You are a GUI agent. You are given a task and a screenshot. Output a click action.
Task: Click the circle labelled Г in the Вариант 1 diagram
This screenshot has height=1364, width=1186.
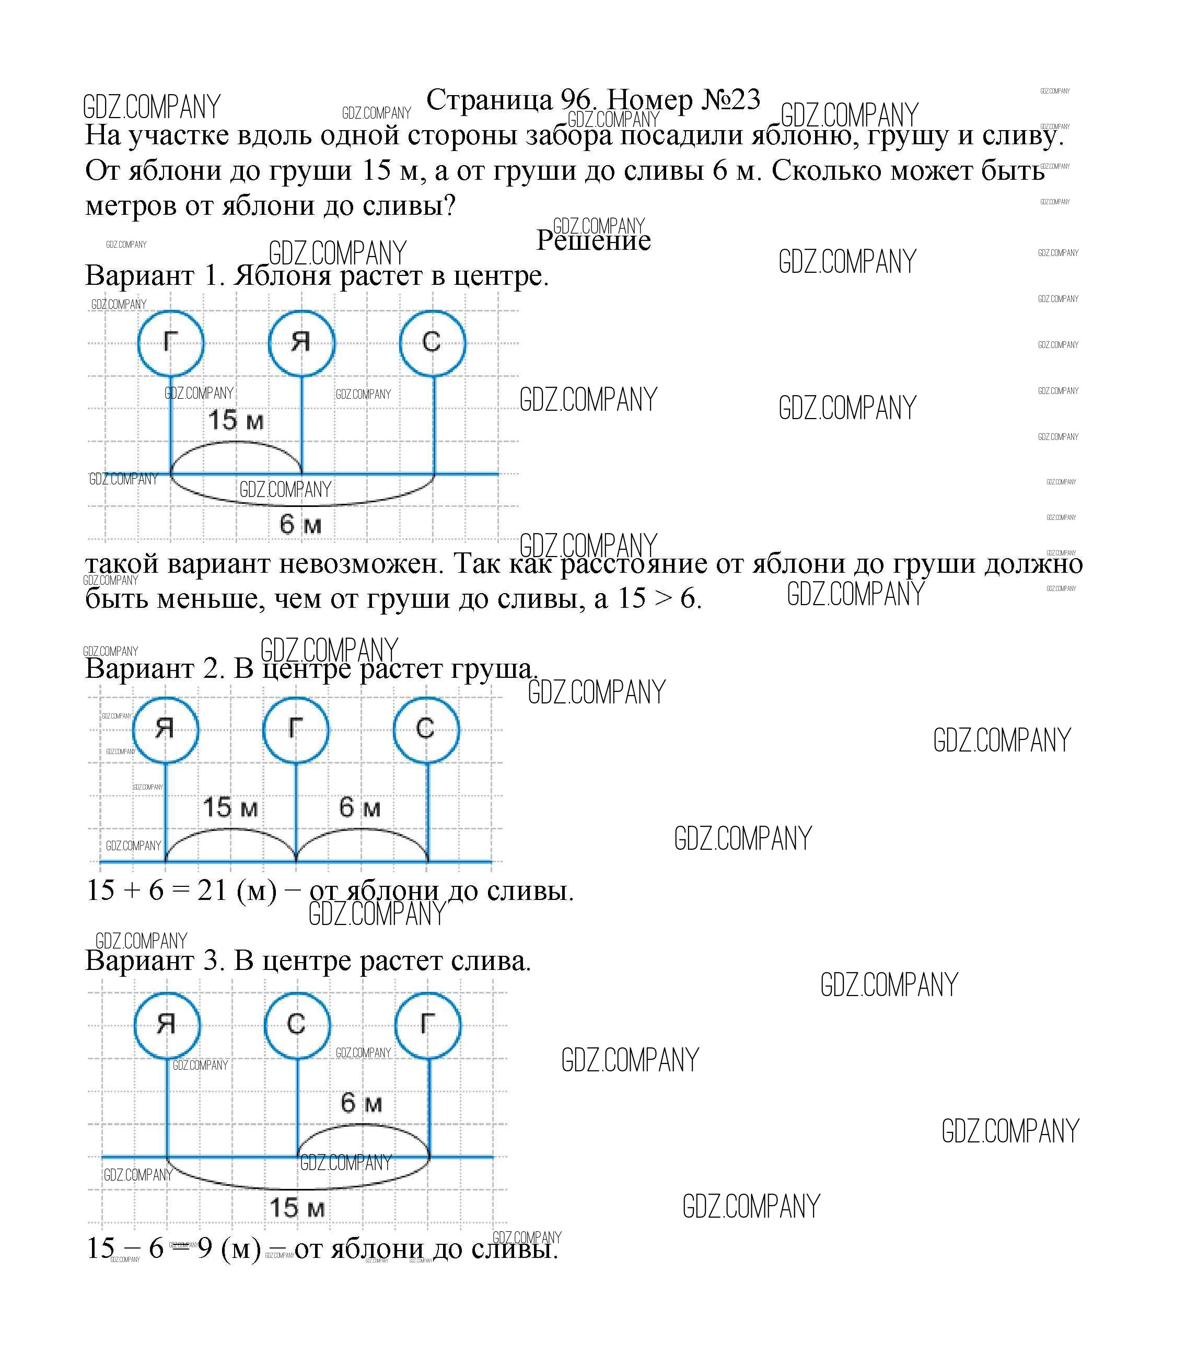coord(171,342)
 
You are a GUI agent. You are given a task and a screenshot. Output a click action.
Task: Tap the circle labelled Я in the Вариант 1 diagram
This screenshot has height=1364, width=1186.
coord(301,342)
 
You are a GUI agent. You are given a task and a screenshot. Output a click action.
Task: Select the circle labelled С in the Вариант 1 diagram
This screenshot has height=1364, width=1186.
coord(432,342)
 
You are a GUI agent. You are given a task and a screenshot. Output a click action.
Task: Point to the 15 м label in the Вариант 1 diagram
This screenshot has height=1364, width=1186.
coord(236,420)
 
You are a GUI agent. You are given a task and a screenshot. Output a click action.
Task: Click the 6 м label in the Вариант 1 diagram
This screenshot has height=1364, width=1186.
coord(300,524)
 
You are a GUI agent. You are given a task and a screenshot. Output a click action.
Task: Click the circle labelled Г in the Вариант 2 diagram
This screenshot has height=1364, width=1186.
coord(296,729)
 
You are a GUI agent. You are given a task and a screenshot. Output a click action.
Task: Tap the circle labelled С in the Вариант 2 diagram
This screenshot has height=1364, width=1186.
coord(426,729)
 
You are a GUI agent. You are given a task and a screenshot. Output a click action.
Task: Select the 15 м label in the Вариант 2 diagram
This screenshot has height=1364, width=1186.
coord(230,807)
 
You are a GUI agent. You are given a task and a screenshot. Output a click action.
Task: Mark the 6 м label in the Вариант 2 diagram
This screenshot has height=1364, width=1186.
coord(360,807)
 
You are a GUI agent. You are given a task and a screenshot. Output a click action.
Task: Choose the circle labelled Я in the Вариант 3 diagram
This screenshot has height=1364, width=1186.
coord(167,1024)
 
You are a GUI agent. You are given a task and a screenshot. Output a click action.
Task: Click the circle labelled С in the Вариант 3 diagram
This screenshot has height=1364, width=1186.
coord(297,1024)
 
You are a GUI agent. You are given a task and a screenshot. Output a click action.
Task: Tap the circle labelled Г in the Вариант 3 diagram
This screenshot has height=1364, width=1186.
coord(427,1024)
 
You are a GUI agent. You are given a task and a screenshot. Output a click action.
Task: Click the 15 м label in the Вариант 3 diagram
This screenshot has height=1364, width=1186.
coord(297,1208)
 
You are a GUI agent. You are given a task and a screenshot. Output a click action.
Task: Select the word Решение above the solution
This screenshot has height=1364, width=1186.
coord(593,240)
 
